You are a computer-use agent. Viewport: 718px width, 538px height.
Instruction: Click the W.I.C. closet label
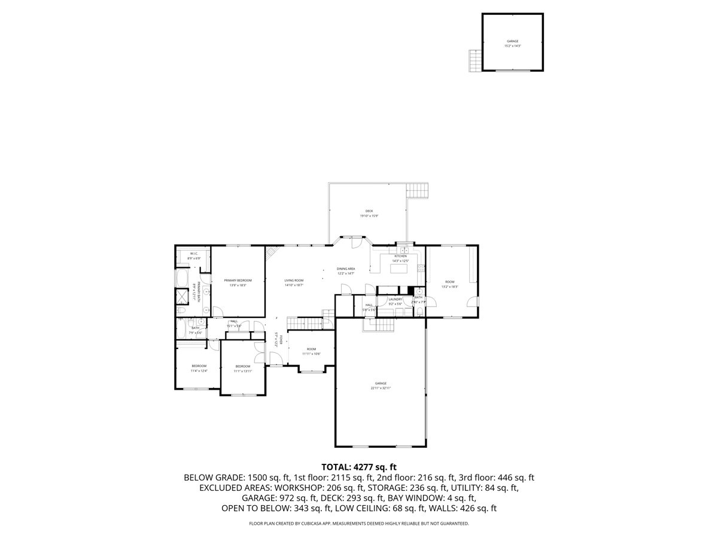194,254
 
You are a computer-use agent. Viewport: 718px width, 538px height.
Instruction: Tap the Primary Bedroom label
238,280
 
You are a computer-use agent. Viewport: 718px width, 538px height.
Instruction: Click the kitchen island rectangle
399,268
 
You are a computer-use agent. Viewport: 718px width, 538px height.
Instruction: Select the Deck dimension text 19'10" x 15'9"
369,216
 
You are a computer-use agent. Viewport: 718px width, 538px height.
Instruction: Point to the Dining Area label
346,269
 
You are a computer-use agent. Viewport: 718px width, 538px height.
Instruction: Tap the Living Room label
294,280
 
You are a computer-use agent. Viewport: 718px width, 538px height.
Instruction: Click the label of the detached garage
513,41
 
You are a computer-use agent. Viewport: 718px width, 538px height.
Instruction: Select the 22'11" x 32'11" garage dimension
381,388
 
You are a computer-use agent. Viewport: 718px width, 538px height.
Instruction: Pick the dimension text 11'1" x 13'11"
242,371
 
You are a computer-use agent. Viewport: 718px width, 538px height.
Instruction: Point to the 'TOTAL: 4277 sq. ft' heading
359,466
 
